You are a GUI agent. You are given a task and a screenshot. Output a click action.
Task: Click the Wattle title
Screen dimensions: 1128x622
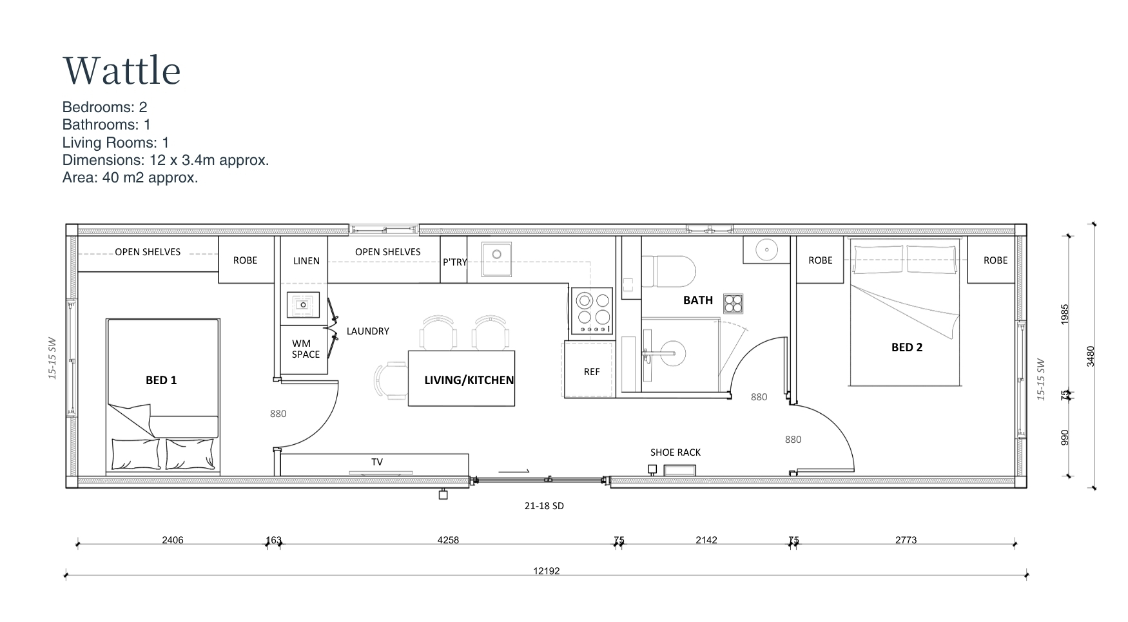[x=122, y=70]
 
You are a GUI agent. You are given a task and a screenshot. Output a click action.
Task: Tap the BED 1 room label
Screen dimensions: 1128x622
[x=161, y=380]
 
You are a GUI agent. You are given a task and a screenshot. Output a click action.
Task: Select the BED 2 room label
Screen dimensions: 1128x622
[x=907, y=347]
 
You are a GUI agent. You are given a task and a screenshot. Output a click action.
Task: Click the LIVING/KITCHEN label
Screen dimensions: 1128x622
[x=469, y=380]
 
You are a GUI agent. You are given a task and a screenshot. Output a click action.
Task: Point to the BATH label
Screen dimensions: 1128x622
[x=698, y=300]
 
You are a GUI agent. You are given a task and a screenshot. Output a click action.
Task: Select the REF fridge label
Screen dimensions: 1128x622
[x=592, y=372]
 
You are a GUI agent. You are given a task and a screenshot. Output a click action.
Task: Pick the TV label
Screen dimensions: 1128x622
[x=377, y=462]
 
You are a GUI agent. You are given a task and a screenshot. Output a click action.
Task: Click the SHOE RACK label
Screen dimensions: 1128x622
[x=676, y=452]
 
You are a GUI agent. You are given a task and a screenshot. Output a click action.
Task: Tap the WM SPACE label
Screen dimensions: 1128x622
[x=306, y=349]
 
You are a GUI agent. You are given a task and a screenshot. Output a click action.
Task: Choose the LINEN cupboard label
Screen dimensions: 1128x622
[x=306, y=261]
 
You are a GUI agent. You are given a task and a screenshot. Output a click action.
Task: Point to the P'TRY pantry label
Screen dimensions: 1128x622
[x=454, y=262]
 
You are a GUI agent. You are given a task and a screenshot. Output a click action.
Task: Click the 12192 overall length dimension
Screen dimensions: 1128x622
[x=547, y=571]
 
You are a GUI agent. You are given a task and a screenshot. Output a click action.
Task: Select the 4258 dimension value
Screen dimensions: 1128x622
[x=448, y=540]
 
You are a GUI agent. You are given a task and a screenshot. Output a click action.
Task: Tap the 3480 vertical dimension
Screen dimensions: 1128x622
[x=1091, y=356]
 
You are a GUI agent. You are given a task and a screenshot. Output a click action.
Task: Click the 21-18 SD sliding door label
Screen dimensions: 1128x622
[x=544, y=506]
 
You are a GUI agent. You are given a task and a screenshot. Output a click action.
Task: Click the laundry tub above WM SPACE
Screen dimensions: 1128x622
[x=303, y=305]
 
